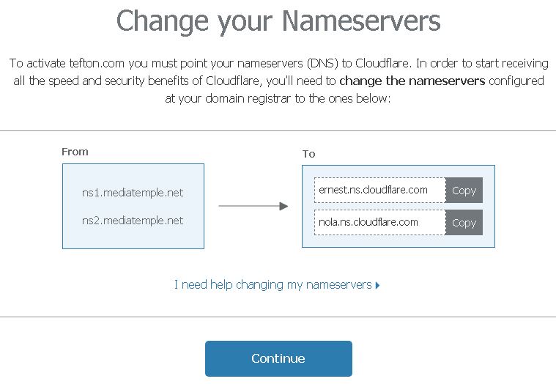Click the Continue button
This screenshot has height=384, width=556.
tap(278, 358)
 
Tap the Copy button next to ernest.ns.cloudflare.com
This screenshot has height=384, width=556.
tap(464, 191)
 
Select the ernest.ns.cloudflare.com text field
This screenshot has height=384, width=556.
tap(379, 191)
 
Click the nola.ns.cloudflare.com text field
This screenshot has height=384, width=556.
tap(379, 222)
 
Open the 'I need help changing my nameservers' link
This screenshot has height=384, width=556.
tap(273, 285)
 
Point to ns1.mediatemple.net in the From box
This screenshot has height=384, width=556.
tap(133, 193)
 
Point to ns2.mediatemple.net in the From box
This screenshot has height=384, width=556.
tap(133, 221)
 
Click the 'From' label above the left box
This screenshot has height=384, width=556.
tap(75, 152)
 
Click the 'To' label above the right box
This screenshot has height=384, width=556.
tap(309, 154)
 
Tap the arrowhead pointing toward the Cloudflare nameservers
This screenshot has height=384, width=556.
tap(283, 206)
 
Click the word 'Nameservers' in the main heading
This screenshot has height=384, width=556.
tap(361, 21)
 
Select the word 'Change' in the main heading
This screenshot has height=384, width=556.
tap(162, 22)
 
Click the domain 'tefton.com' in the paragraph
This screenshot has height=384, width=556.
tap(97, 64)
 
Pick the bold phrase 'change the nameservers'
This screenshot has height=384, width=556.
tap(412, 81)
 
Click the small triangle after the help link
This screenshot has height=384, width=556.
tap(377, 285)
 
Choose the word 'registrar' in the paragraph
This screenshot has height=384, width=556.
tap(269, 99)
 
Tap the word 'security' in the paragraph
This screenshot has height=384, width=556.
tap(125, 81)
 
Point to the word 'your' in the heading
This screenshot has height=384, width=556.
tap(245, 23)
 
